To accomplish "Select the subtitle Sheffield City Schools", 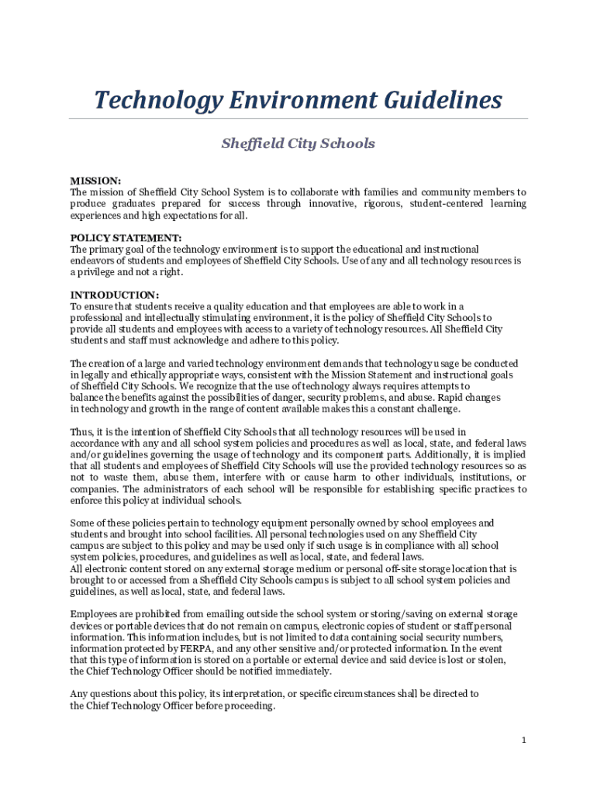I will pos(298,143).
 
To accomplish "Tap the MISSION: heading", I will pos(95,181).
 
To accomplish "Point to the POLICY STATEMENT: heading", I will pos(126,238).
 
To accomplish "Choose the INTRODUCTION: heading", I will pos(115,295).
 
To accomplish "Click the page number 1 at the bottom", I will pos(524,740).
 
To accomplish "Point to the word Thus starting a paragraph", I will pos(81,432).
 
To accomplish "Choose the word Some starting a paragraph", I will pos(83,523).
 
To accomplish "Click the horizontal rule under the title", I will pos(298,119).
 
